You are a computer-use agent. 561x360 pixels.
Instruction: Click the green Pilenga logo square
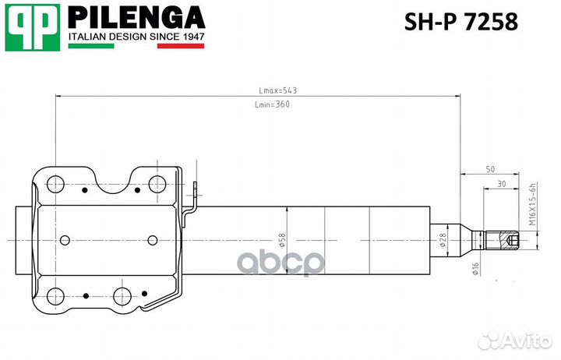pyautogui.click(x=33, y=29)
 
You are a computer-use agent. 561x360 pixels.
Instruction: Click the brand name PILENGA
pyautogui.click(x=136, y=17)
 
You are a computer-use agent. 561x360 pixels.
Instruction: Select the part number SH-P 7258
pyautogui.click(x=460, y=23)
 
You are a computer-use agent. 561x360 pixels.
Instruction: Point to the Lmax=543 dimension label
pyautogui.click(x=278, y=90)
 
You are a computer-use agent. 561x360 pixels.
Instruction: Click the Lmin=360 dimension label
pyautogui.click(x=272, y=104)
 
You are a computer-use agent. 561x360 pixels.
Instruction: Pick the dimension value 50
pyautogui.click(x=490, y=169)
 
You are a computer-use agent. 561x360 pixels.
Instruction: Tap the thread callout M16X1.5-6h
pyautogui.click(x=534, y=203)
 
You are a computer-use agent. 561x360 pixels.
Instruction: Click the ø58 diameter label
pyautogui.click(x=283, y=238)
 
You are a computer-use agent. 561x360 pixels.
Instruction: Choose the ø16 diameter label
pyautogui.click(x=475, y=268)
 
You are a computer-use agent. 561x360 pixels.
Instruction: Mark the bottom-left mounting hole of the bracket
pyautogui.click(x=55, y=296)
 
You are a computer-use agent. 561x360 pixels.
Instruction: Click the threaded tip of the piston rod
pyautogui.click(x=507, y=241)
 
